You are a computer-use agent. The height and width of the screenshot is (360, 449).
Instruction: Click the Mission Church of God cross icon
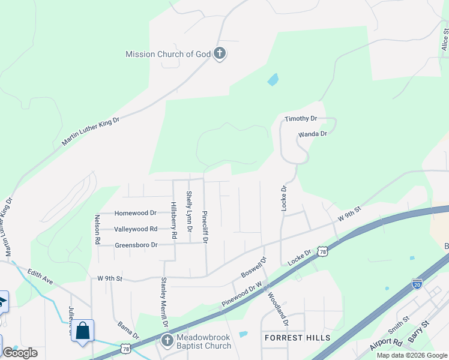point(220,54)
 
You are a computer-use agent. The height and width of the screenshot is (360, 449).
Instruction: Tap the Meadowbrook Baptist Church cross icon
point(167,341)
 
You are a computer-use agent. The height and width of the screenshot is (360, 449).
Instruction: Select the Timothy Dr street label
point(301,119)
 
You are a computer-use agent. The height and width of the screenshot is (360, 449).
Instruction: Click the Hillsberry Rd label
point(173,220)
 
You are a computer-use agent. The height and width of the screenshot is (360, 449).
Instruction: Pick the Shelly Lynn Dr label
point(189,211)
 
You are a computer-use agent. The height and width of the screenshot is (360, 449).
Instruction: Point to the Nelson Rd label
point(97,229)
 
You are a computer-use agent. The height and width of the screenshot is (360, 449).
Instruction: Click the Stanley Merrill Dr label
point(163,302)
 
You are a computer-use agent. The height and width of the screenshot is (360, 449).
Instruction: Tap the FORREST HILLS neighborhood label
point(298,338)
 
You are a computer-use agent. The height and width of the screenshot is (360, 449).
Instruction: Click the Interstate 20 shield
point(417,284)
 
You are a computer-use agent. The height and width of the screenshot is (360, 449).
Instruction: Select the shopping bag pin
point(83,331)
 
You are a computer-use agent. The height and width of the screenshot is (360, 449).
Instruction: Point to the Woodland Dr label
point(279,309)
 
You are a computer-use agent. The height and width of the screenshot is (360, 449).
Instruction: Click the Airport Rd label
point(385,342)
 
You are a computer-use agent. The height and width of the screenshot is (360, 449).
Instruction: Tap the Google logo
point(20,353)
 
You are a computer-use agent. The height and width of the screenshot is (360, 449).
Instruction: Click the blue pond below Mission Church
point(273,79)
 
